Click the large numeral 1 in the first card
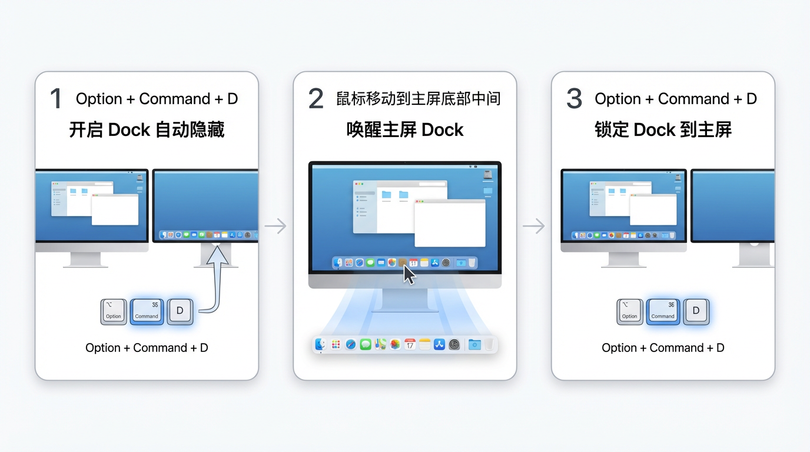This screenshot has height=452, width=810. click(57, 99)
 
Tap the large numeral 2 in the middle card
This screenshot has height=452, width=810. click(316, 99)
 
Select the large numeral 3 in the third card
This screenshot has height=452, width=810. click(574, 99)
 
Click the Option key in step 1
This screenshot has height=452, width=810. click(114, 312)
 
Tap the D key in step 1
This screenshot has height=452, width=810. click(180, 311)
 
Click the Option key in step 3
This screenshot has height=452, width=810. click(630, 312)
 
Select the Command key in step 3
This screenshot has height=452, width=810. click(663, 311)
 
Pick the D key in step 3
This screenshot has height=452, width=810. click(696, 311)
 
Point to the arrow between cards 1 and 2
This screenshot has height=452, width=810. click(275, 226)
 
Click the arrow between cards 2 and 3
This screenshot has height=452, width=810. click(533, 226)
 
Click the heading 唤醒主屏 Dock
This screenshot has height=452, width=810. click(405, 129)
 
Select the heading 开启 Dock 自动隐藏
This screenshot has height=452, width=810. click(147, 129)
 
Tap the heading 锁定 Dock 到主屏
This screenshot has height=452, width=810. click(663, 129)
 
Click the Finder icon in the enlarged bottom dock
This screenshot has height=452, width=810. click(320, 344)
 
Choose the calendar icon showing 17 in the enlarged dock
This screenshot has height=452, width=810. click(410, 344)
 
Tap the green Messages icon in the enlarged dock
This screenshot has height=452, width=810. click(366, 344)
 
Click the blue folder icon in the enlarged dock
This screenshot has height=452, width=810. click(474, 344)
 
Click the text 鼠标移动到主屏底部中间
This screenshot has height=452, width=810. click(418, 98)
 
